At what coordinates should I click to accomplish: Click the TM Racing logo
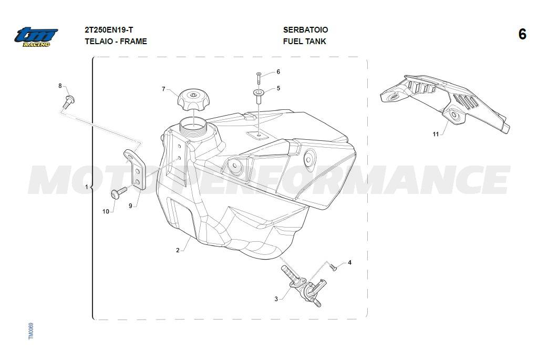click(x=36, y=37)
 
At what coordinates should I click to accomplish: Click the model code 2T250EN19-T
click(x=109, y=30)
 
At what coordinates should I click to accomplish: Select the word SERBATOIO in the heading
click(x=305, y=30)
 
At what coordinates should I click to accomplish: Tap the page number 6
click(x=522, y=34)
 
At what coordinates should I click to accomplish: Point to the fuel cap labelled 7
click(x=193, y=100)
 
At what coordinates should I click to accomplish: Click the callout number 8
click(x=60, y=86)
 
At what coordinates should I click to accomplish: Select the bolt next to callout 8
click(x=69, y=101)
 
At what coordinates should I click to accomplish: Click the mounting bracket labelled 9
click(x=135, y=169)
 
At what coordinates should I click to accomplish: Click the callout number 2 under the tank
click(x=178, y=250)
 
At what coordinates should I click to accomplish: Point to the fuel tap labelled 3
click(x=304, y=285)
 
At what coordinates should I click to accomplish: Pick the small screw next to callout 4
click(x=333, y=266)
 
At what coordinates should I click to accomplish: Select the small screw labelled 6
click(x=258, y=78)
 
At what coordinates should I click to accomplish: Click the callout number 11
click(x=436, y=134)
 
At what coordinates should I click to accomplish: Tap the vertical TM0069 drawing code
click(x=31, y=331)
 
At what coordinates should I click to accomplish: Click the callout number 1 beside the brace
click(x=87, y=187)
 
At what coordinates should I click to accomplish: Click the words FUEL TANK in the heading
click(x=304, y=42)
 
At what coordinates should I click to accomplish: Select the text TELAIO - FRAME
click(x=116, y=42)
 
